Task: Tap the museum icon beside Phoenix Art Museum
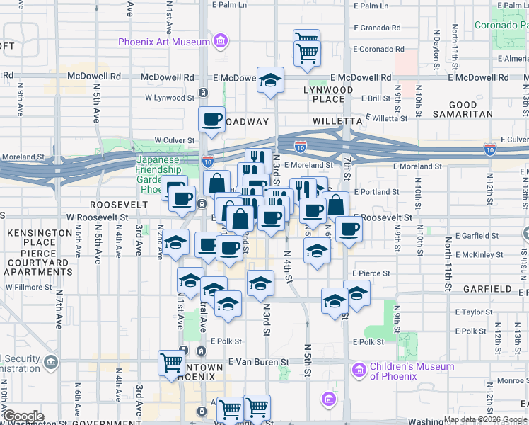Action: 221,42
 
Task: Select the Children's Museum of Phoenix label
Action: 412,370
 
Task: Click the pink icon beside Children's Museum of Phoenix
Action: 359,370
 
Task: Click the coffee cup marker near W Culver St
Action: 211,120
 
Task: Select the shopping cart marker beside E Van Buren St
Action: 172,362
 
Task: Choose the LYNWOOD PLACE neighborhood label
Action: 328,96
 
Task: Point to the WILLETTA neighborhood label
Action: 338,121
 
